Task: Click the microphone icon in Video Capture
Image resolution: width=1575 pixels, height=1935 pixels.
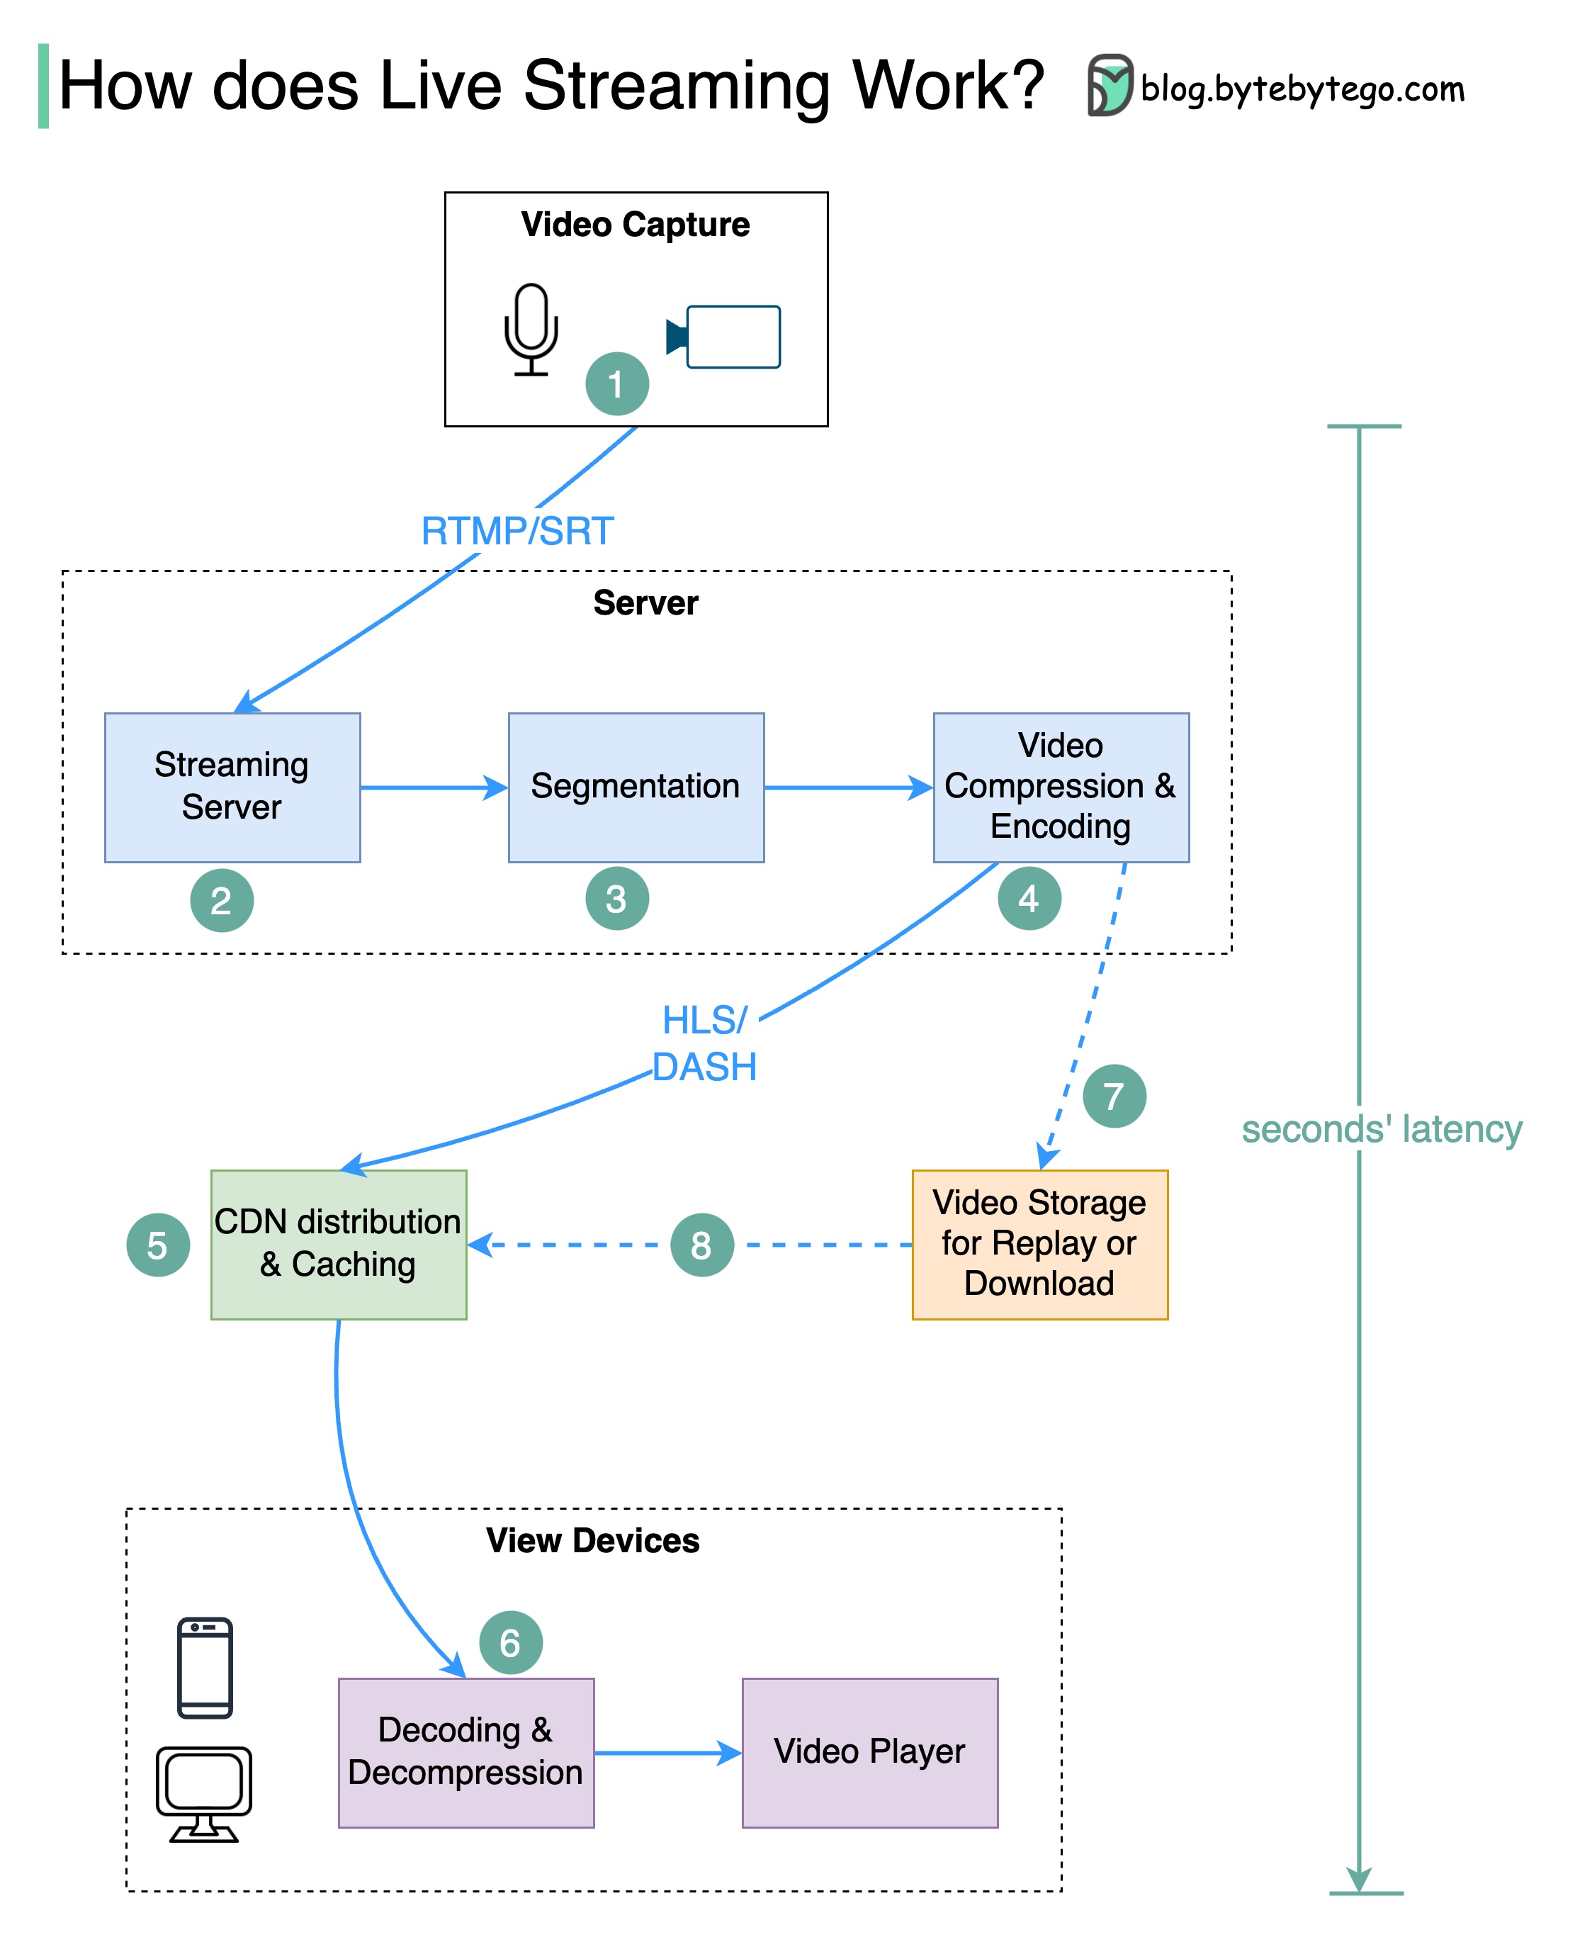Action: (531, 330)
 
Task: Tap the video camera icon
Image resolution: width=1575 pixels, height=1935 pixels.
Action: (725, 337)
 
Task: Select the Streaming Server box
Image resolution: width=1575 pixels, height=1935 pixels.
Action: (232, 787)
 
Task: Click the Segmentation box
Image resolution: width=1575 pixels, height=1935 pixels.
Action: (636, 787)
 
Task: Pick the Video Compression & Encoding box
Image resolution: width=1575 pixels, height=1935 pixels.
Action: (1061, 787)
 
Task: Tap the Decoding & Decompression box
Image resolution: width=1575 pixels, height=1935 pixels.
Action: (466, 1751)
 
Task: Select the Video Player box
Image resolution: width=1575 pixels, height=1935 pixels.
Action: (870, 1751)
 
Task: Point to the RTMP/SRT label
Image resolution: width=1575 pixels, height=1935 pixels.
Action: (517, 531)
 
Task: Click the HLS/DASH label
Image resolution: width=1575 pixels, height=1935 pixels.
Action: (705, 1044)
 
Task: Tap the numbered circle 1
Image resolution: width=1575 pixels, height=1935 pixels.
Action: (617, 384)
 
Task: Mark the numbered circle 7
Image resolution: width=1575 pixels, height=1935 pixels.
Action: (1114, 1096)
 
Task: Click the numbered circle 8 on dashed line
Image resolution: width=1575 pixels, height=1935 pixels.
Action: (701, 1245)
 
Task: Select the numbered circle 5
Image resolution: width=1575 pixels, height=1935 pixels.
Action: (158, 1245)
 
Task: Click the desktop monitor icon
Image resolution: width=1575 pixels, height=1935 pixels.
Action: (204, 1793)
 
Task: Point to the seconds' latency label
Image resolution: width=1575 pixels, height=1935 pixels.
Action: (1381, 1130)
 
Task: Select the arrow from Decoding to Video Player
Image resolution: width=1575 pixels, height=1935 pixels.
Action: (667, 1753)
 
